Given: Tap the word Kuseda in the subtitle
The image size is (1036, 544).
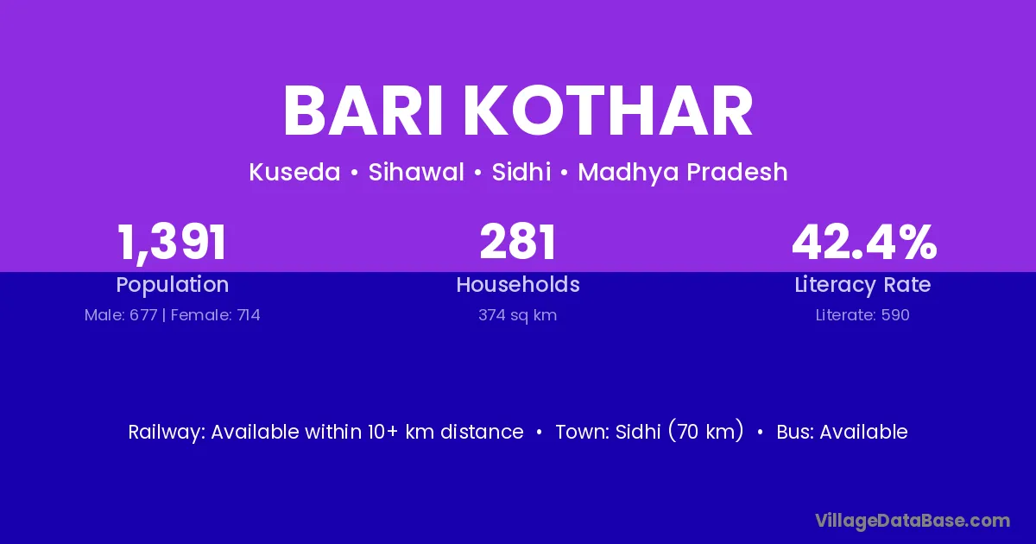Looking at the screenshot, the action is pos(294,172).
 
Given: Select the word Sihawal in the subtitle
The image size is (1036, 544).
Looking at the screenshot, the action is pos(416,172).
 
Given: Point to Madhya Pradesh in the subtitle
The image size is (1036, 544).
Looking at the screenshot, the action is pos(683,172).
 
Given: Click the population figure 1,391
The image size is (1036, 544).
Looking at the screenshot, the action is pos(172,243).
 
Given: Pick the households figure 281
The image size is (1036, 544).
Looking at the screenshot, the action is pos(517,242).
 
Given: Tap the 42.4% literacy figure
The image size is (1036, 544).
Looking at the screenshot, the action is pos(864,242).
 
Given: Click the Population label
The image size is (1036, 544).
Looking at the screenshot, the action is pos(173,285).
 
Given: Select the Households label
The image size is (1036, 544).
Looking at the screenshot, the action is pos(518,285).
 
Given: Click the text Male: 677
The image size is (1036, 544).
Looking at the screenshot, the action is pos(121,315).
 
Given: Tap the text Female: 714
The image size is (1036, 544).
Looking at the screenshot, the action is pos(216,315).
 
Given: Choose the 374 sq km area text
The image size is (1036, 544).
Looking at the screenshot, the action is pos(517,315).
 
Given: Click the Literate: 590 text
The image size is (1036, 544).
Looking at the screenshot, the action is pos(862,315).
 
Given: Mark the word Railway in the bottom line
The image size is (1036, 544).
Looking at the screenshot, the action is pos(167,433).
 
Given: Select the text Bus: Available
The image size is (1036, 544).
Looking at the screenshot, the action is pos(842,432).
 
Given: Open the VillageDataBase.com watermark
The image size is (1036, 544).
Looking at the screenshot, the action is pos(913,521).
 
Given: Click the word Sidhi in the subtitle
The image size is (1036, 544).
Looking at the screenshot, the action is pos(521,172).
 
